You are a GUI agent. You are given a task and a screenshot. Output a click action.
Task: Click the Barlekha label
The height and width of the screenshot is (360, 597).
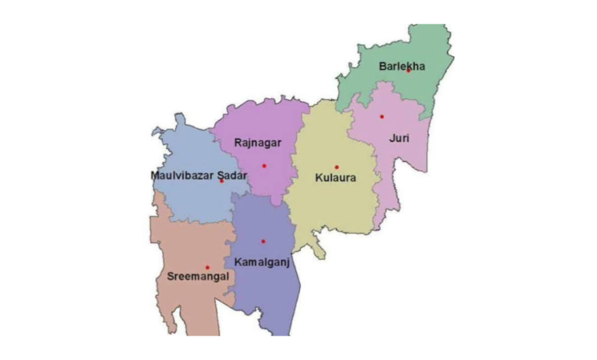[x=401, y=66]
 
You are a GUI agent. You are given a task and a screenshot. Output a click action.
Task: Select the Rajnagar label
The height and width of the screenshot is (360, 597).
[x=258, y=142]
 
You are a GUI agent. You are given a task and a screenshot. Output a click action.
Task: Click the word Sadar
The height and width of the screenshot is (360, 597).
[x=230, y=175]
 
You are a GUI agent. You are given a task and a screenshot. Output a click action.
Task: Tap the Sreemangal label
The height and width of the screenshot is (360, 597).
[x=197, y=277]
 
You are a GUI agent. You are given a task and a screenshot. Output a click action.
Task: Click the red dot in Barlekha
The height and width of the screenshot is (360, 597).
[x=409, y=70]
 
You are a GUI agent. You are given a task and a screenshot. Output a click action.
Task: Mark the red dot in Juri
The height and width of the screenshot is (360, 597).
[x=382, y=116]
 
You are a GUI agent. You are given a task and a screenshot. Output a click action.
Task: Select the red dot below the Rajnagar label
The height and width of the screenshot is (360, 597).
[x=264, y=165]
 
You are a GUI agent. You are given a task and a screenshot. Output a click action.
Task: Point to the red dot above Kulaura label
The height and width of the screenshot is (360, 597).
[x=336, y=167]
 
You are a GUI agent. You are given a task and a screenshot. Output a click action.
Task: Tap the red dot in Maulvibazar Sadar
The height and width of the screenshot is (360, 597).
[x=221, y=182]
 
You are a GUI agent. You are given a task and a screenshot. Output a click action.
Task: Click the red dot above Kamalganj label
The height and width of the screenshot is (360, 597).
[x=263, y=241]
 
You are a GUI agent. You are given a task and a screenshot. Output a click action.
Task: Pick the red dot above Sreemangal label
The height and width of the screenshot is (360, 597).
[x=207, y=267]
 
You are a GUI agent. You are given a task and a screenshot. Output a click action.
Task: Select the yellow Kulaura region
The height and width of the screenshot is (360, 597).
[x=329, y=207]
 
